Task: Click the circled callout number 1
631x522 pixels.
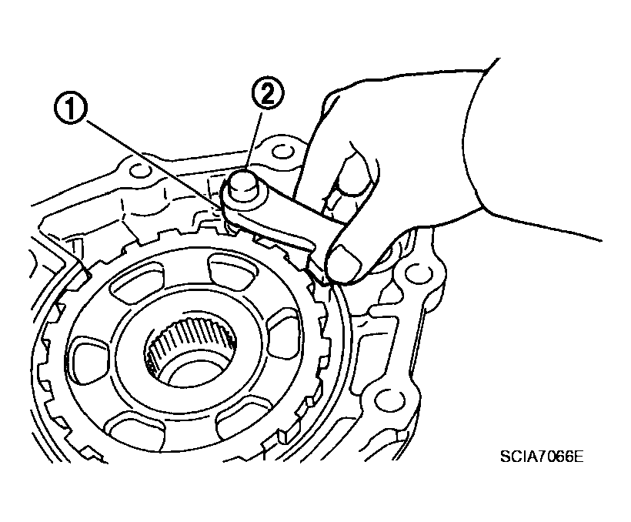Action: coord(69,106)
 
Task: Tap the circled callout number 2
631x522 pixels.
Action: coord(268,93)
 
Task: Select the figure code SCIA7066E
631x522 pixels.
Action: coord(541,457)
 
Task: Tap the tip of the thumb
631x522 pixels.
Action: coord(343,264)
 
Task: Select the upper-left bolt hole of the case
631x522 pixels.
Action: coord(138,169)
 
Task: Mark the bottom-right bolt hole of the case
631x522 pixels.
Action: coord(388,399)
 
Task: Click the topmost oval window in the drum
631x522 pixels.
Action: coord(232,273)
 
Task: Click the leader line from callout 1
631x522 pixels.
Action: coord(153,164)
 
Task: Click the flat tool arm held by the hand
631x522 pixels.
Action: coord(282,226)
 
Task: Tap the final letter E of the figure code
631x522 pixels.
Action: coord(578,457)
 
